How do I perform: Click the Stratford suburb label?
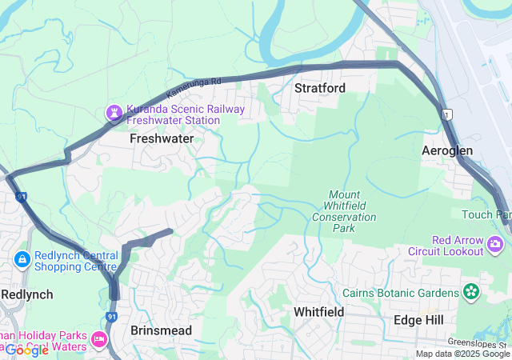click(320, 87)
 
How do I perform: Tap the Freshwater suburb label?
click(162, 138)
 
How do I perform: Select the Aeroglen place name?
click(447, 150)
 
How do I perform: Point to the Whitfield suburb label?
click(318, 311)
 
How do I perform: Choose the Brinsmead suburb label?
click(162, 330)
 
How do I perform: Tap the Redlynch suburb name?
click(26, 294)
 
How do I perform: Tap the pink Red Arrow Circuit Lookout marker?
click(498, 242)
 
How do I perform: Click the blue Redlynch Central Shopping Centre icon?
click(22, 259)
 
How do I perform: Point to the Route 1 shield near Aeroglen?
click(446, 115)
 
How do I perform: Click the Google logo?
click(26, 350)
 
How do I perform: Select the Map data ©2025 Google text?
click(462, 354)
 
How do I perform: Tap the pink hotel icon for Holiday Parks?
click(100, 340)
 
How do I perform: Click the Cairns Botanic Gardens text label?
click(402, 293)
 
